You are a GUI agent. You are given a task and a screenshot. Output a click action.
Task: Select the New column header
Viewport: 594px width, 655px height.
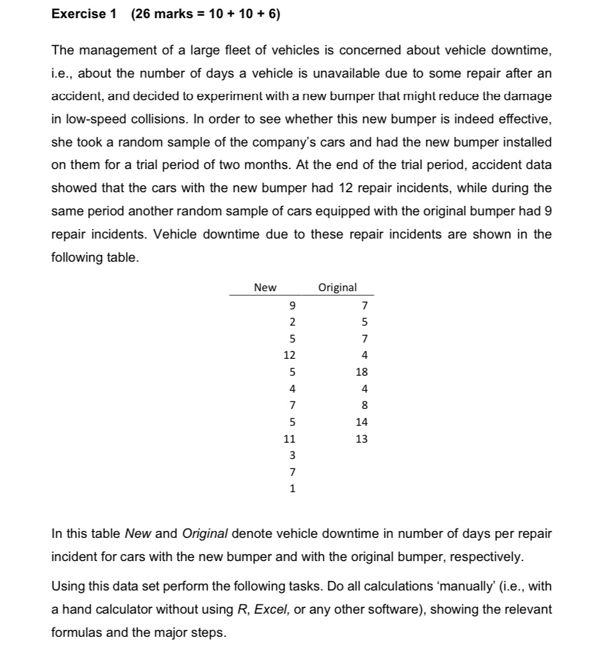click(265, 287)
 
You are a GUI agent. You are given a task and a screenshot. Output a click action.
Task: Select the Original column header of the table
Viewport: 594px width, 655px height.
click(338, 287)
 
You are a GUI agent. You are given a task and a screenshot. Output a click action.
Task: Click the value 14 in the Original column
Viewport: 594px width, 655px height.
click(363, 423)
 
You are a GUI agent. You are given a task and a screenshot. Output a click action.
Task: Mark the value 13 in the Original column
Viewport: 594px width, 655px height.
click(363, 439)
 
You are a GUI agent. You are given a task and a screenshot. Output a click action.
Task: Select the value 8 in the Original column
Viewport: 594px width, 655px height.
click(365, 406)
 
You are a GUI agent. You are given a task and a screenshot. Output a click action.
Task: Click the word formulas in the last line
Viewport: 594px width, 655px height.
click(74, 632)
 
